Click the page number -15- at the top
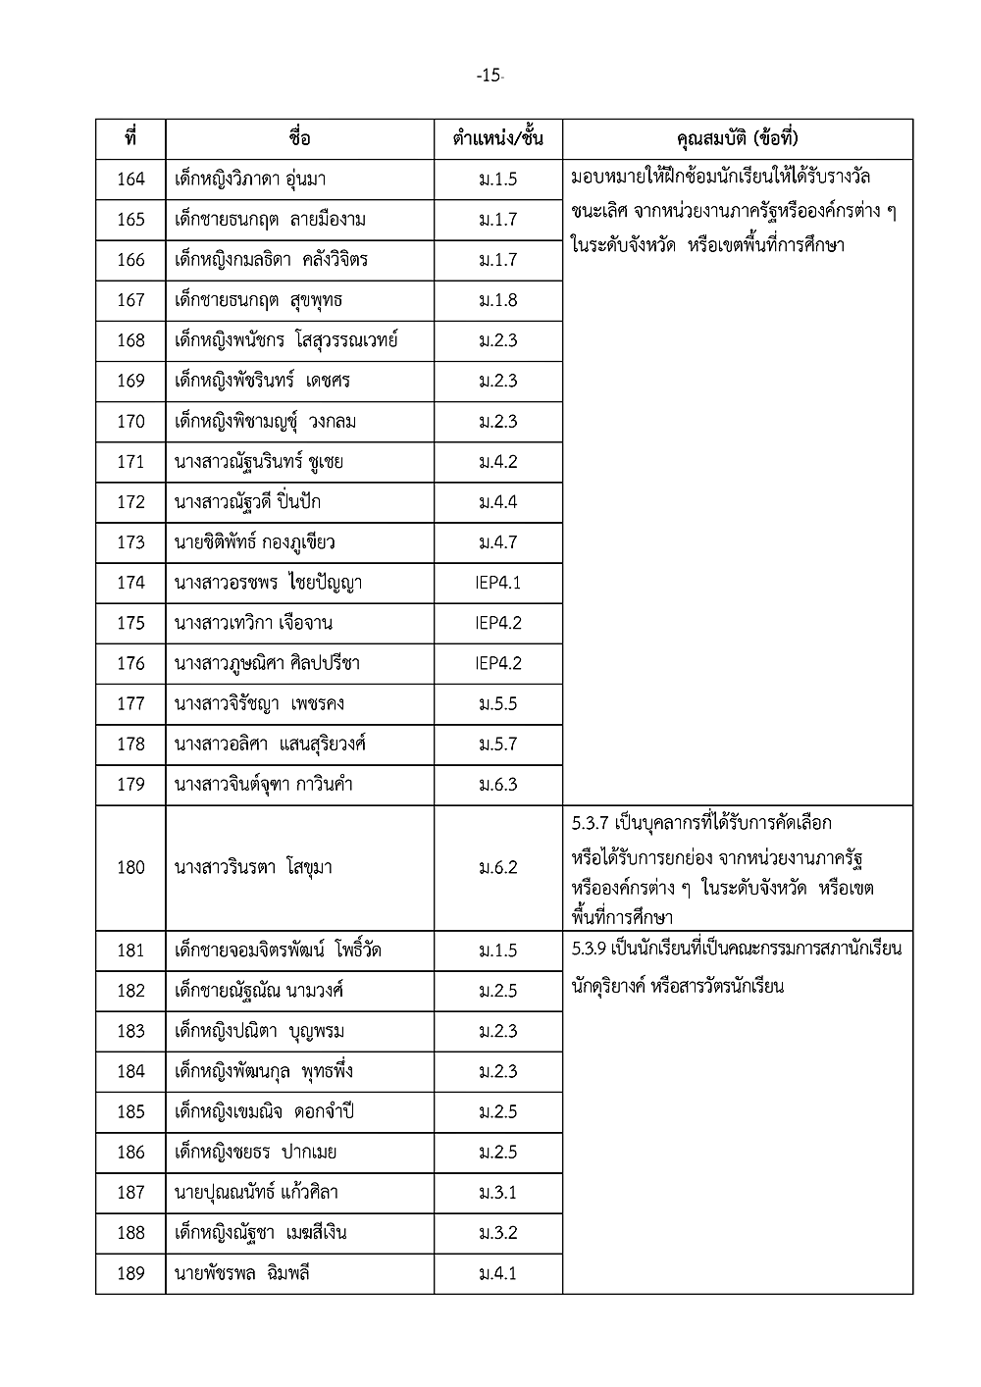[490, 76]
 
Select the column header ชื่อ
[300, 138]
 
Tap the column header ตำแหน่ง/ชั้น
[498, 138]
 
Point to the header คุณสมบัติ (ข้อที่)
[738, 138]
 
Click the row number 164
[130, 179]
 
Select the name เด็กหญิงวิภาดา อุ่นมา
[250, 179]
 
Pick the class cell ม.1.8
[498, 300]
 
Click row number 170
[130, 422]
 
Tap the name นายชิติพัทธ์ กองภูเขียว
[255, 542]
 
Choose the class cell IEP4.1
[498, 583]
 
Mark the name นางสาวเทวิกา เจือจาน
[253, 623]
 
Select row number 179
[130, 785]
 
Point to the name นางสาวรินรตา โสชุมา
[253, 867]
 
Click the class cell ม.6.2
[498, 867]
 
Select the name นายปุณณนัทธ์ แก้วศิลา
[256, 1193]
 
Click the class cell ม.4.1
[498, 1273]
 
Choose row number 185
[130, 1111]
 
